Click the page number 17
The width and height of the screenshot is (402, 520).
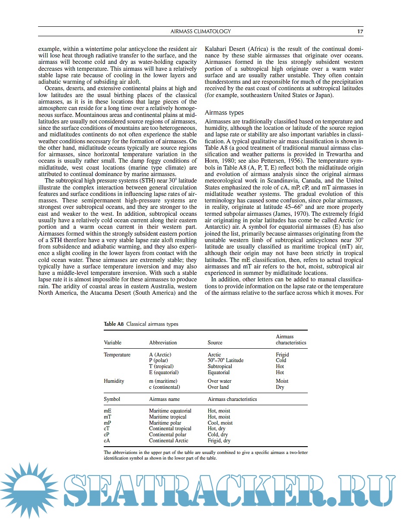point(360,31)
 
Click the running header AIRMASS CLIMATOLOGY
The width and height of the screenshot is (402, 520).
point(201,31)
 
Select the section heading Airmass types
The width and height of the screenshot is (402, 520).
point(224,113)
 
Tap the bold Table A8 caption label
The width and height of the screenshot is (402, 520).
point(114,324)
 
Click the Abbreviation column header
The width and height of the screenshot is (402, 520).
point(163,343)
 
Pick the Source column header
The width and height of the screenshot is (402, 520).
point(215,343)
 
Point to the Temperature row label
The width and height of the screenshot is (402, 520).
point(117,355)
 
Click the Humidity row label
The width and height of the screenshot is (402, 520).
point(114,381)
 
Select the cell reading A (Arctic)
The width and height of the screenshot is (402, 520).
point(160,355)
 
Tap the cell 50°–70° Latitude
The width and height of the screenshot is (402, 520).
point(225,360)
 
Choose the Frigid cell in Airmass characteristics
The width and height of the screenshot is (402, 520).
point(282,355)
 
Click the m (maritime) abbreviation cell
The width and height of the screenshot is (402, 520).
point(163,381)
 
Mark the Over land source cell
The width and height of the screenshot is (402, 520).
point(218,387)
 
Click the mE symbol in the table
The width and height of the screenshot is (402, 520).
point(108,411)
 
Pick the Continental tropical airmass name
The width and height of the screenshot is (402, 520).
point(170,429)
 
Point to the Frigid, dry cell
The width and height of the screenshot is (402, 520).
point(219,441)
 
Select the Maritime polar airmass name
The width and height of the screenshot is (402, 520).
point(165,423)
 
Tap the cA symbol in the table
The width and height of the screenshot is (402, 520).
point(107,441)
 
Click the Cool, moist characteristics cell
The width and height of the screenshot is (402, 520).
point(220,423)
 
